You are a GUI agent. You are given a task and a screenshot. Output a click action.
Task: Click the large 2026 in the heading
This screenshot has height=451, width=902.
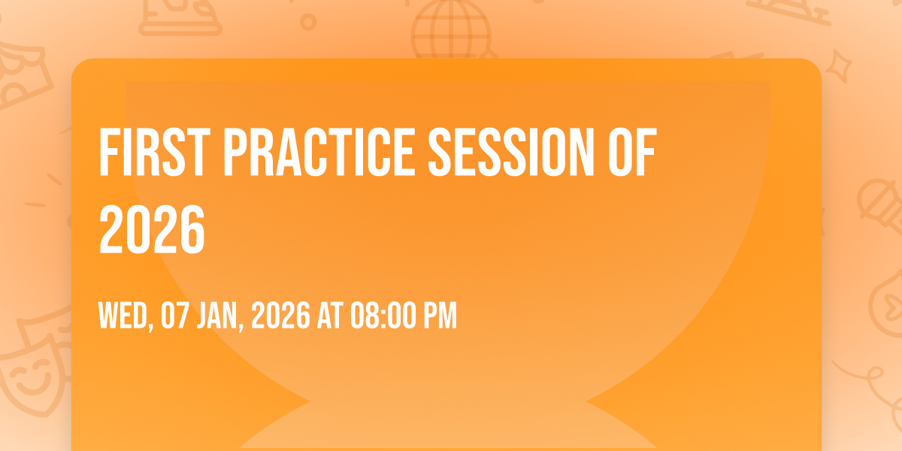pyautogui.click(x=152, y=229)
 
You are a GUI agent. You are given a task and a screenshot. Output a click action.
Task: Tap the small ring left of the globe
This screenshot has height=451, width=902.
pyautogui.click(x=308, y=22)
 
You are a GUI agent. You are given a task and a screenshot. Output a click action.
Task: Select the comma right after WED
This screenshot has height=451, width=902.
pyautogui.click(x=150, y=327)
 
